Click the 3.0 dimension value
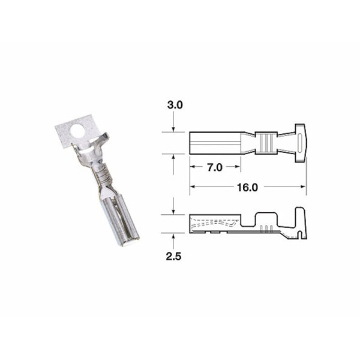coord(173,104)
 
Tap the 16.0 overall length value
coord(247,187)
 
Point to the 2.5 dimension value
coord(173,256)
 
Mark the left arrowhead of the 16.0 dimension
coord(194,187)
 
